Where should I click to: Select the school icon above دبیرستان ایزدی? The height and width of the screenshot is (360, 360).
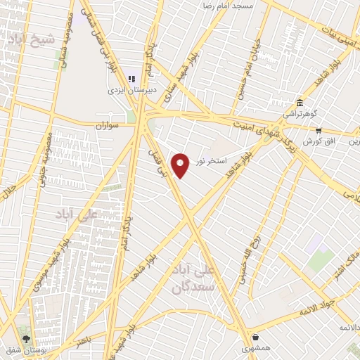pos(131,79)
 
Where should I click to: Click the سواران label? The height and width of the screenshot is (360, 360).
pos(110,124)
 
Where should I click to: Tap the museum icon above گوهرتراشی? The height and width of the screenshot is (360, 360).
pos(300,102)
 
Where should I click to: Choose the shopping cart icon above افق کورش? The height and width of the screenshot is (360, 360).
pos(318,130)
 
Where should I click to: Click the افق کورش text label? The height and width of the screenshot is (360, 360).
pos(317,141)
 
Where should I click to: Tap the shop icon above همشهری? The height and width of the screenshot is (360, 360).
pos(255,337)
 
